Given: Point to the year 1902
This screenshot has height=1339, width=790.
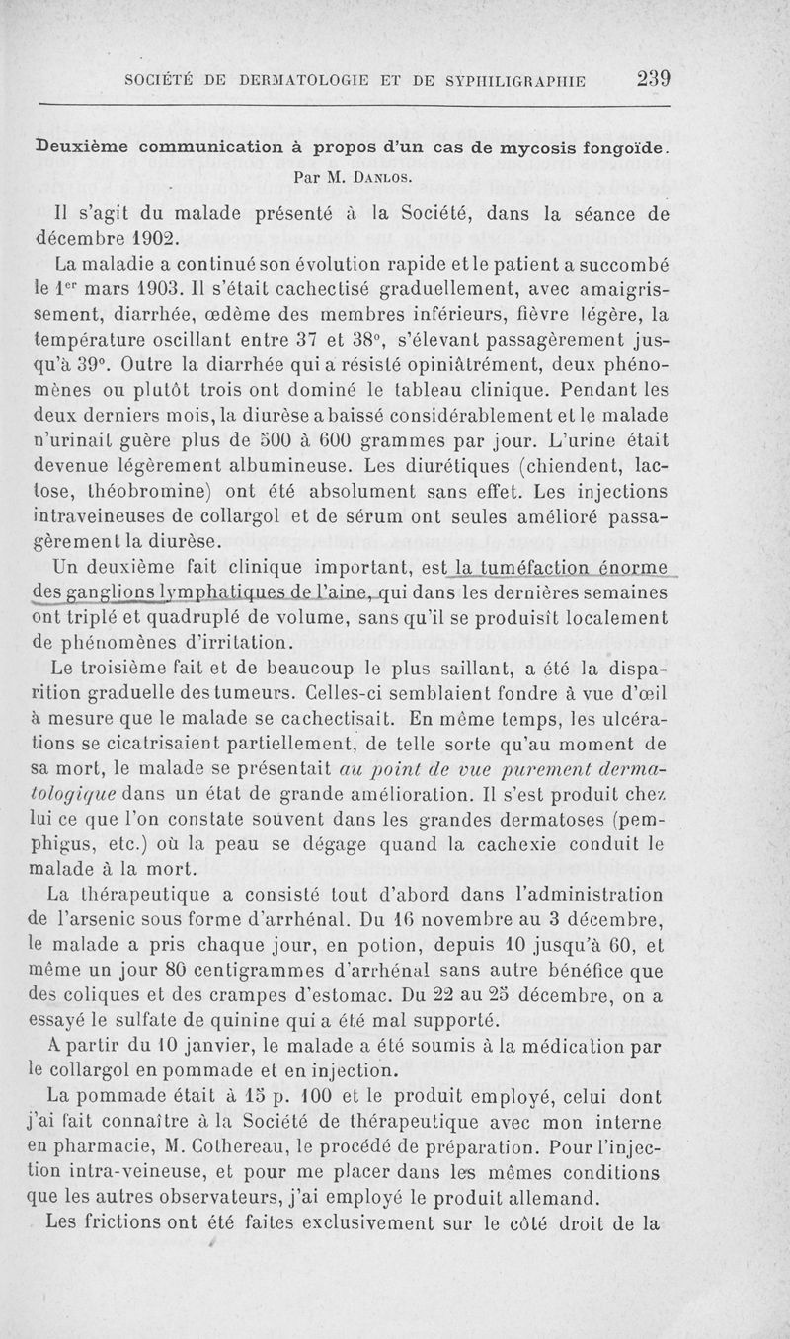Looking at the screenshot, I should [151, 237].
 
